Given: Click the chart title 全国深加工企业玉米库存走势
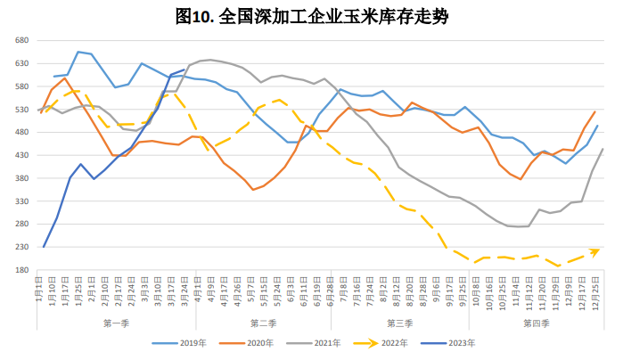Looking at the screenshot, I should point(311,15).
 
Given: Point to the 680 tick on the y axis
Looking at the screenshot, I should point(23,41).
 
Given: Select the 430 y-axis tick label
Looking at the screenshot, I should point(23,156).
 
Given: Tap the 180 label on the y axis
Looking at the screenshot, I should point(23,270).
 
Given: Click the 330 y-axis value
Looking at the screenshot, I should point(23,201).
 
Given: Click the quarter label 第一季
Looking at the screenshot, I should point(118,322).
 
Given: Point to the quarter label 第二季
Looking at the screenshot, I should point(265,322).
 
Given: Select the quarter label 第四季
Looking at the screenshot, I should point(537,322).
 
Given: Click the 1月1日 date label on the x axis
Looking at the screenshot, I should point(40,290).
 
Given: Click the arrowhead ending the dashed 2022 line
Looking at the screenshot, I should point(594,251).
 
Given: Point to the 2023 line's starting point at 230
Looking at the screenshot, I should point(43,247).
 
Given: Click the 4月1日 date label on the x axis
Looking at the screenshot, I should point(198,290).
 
